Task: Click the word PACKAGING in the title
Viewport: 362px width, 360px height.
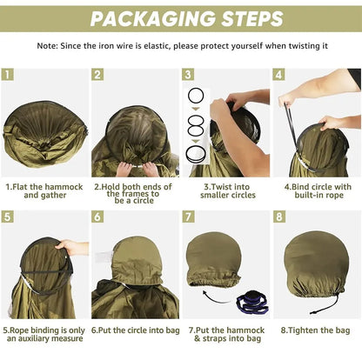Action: [152, 19]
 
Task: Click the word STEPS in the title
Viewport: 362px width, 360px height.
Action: [252, 19]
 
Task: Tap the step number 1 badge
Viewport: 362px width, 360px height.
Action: [7, 74]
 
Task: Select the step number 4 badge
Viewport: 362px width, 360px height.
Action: [278, 75]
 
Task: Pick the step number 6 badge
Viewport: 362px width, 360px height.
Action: [97, 217]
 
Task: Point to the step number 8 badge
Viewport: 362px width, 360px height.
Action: [279, 217]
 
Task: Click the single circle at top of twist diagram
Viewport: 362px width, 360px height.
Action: [196, 96]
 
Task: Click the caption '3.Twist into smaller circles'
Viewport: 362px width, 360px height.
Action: [228, 190]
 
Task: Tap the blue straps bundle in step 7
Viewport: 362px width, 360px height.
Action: [251, 303]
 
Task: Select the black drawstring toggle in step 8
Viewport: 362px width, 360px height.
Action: [316, 312]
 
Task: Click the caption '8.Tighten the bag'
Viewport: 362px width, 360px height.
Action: [315, 330]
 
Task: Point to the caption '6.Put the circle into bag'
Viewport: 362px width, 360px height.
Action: [136, 330]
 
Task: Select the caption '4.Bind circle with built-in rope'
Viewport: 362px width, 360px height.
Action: [318, 190]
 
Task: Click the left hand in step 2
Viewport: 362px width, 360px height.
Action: [124, 169]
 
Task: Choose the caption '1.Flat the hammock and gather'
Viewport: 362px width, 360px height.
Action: [44, 190]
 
